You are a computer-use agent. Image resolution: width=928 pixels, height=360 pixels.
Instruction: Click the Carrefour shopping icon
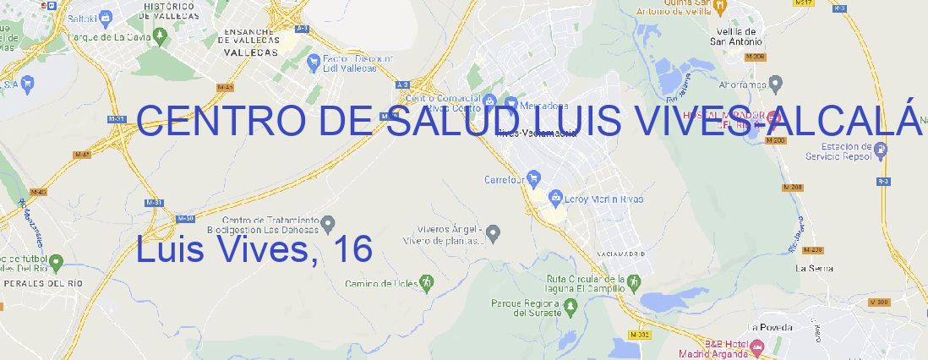tap(534, 179)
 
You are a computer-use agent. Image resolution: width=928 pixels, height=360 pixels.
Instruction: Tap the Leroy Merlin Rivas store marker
tap(555, 199)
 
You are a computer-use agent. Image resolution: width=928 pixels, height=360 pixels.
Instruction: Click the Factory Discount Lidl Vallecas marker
tap(316, 60)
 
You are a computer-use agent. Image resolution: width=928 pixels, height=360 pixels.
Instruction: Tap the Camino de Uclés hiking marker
tap(427, 282)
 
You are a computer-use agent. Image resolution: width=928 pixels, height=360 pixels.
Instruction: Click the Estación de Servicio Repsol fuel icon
tap(882, 150)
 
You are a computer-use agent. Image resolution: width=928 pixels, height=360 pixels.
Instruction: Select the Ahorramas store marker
tap(776, 84)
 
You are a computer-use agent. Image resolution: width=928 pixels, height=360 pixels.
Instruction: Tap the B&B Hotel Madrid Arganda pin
tap(756, 346)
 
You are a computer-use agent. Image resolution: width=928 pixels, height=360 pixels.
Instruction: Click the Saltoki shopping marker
tap(105, 16)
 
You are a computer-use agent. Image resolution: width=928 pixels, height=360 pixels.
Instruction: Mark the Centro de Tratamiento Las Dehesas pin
tap(328, 223)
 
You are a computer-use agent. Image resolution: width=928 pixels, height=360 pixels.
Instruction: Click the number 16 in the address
tap(352, 250)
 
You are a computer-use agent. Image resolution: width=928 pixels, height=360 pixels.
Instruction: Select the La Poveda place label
tap(771, 327)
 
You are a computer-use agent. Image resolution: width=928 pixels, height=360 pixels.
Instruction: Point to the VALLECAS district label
tap(251, 52)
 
